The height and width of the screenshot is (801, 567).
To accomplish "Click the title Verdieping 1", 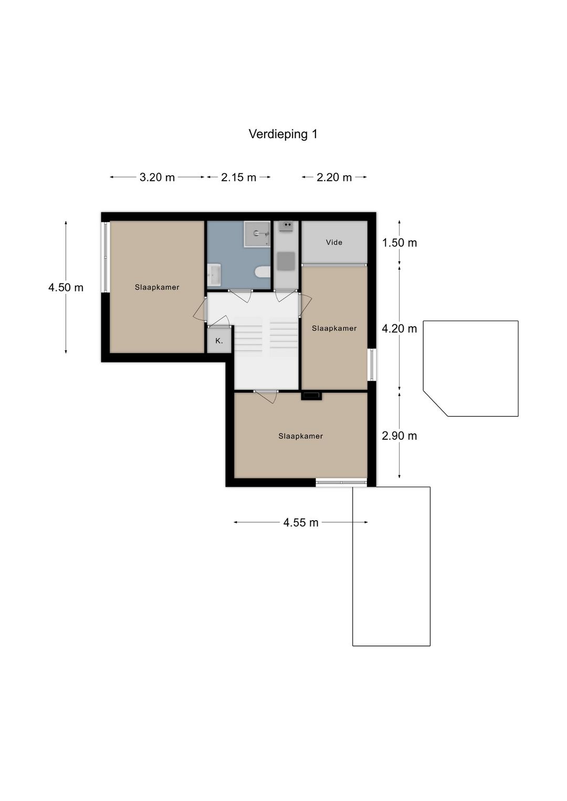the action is [283, 134].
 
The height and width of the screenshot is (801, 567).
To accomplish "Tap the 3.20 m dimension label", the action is [157, 177].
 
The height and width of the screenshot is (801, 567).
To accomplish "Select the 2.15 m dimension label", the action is [238, 177].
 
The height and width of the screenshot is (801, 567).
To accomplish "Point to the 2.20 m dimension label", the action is [334, 177].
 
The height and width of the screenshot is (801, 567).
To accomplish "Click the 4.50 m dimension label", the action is [66, 288].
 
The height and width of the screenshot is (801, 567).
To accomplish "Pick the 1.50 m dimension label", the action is [400, 243].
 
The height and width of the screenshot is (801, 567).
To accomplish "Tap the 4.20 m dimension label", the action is [400, 328].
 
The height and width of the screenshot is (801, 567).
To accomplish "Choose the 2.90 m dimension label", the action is [400, 436].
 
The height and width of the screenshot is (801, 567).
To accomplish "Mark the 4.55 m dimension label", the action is [301, 522].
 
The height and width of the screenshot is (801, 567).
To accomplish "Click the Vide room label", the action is [334, 243].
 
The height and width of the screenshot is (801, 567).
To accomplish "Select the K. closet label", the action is [219, 341].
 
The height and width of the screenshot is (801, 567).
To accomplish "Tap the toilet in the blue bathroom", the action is [263, 272].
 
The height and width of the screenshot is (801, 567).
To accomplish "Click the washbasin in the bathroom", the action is [214, 275].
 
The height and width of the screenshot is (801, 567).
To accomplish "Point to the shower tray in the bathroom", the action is [257, 234].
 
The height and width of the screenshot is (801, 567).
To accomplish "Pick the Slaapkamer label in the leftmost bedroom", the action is [157, 287].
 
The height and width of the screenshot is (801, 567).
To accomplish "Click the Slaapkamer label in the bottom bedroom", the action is [301, 436].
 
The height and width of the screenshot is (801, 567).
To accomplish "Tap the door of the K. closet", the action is [218, 321].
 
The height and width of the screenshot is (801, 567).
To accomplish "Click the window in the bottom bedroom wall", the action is [341, 482].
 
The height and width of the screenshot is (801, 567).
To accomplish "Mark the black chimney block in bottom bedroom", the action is [311, 396].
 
